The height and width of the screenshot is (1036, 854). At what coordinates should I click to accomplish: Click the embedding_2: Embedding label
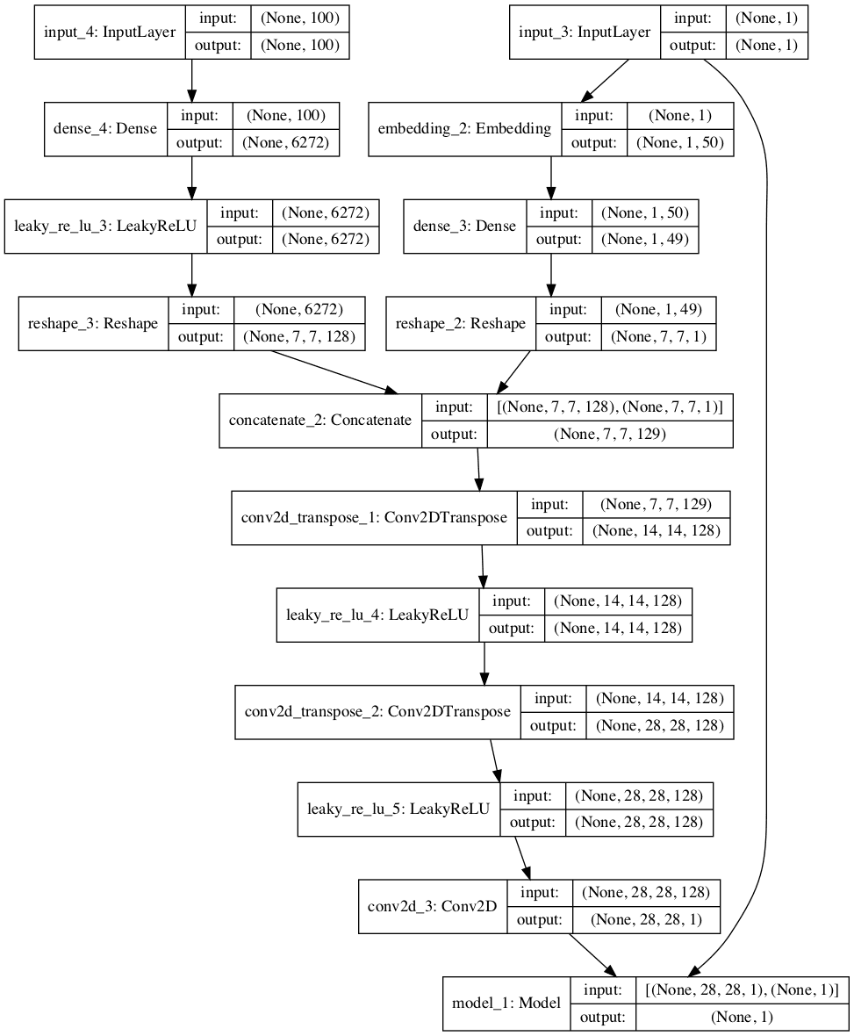464,129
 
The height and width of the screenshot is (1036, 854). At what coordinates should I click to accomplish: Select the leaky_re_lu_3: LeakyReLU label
105,227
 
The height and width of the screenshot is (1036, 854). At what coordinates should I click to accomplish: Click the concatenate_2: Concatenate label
320,420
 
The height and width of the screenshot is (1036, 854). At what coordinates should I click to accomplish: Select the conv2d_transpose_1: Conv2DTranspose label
374,517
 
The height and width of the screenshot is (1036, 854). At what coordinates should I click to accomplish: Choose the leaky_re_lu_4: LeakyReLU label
377,614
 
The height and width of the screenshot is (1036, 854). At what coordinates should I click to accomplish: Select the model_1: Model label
506,1003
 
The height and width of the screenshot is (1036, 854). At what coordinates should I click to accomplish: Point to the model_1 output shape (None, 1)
742,1016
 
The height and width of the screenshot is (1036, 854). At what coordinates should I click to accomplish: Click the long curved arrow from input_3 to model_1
766,439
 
